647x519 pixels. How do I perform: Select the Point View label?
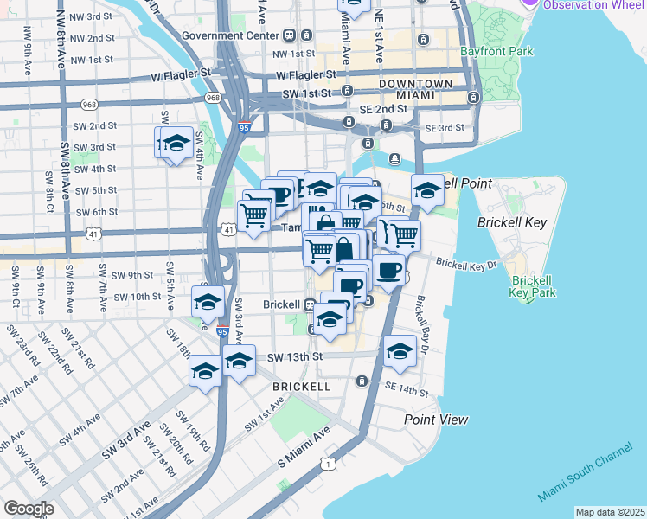point(437,420)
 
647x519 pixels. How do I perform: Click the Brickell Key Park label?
point(532,287)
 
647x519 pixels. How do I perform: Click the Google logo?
point(29,509)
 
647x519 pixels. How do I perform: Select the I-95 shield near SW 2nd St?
point(245,125)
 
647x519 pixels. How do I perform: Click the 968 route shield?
point(213,98)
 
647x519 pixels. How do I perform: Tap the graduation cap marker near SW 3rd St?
point(175,143)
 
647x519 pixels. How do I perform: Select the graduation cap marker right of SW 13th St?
point(400,350)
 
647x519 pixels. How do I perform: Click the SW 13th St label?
point(295,356)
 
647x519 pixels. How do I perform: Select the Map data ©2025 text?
point(610,512)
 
